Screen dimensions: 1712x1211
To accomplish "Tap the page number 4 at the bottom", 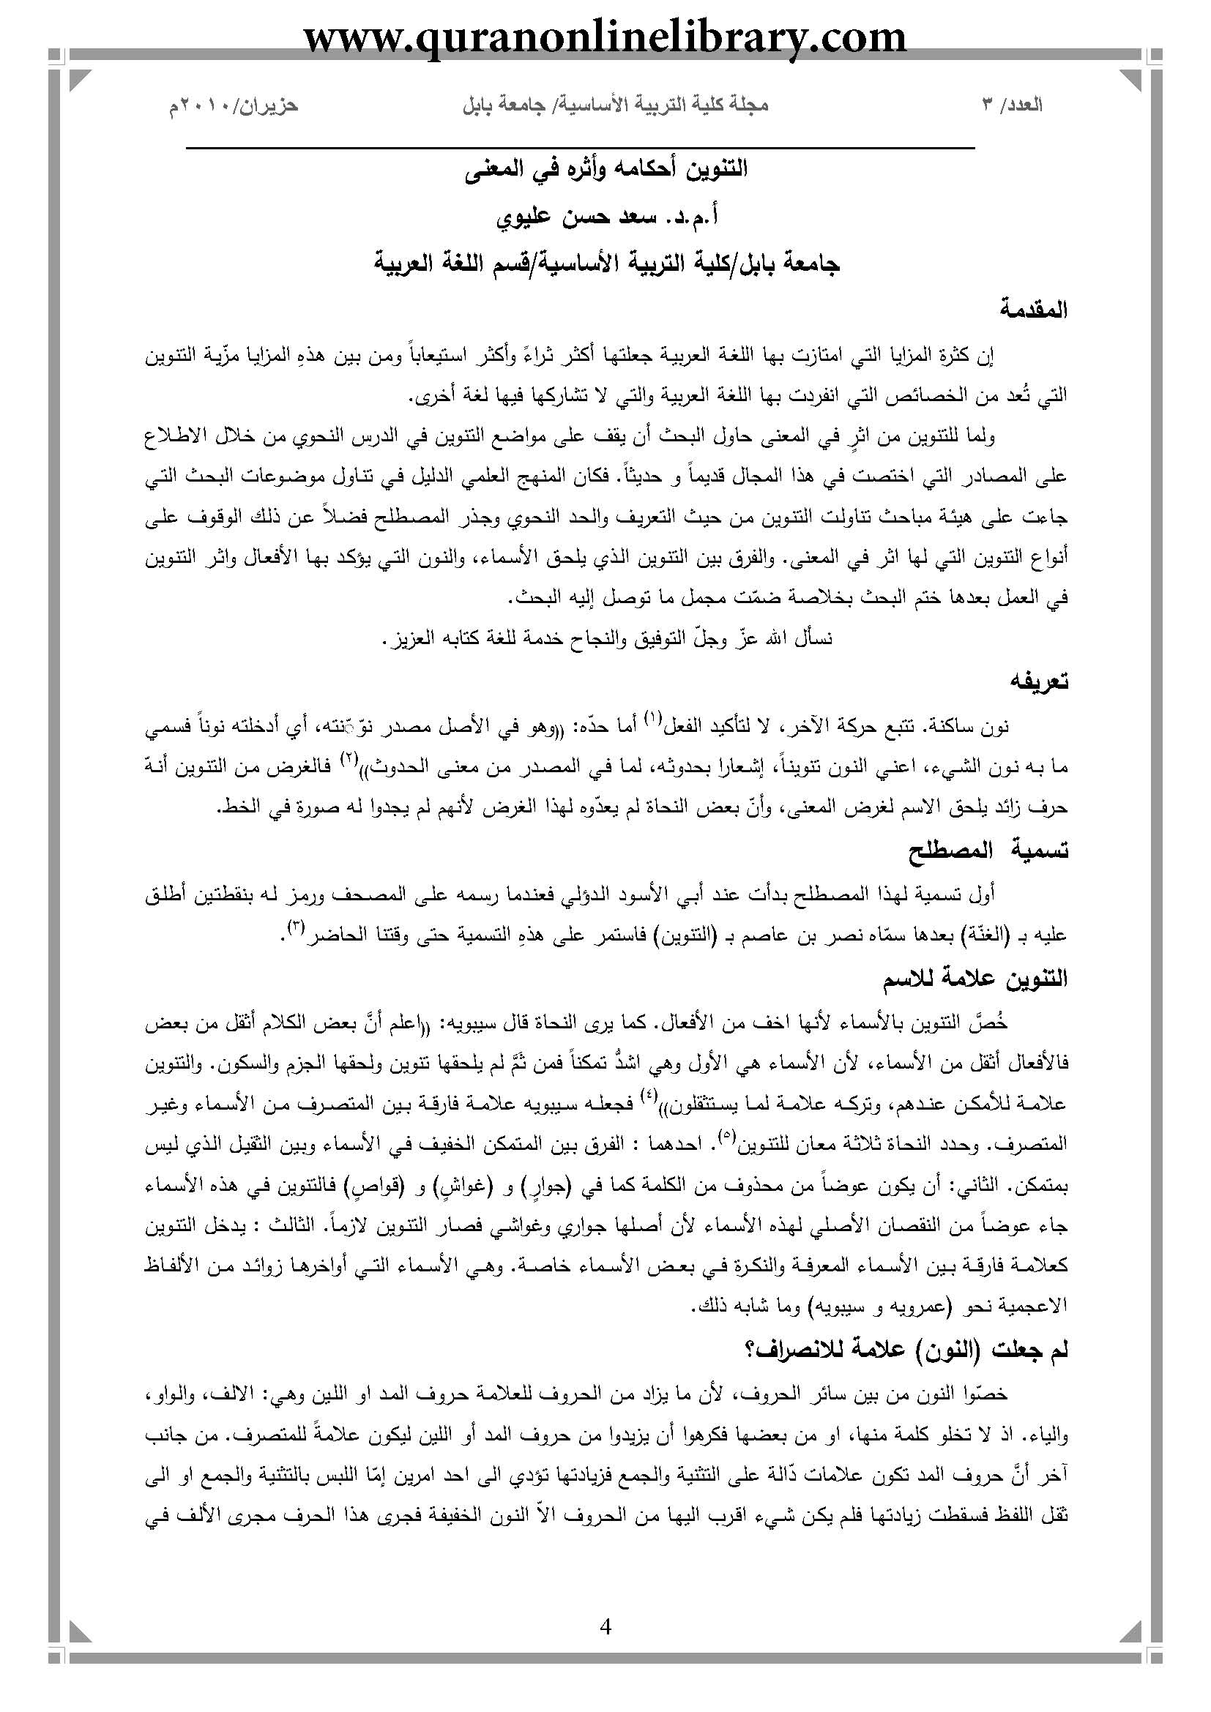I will [x=605, y=1626].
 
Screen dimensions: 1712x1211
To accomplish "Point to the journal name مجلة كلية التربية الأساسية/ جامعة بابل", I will [x=615, y=105].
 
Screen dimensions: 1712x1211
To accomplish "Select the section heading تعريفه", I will [x=1040, y=681].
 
